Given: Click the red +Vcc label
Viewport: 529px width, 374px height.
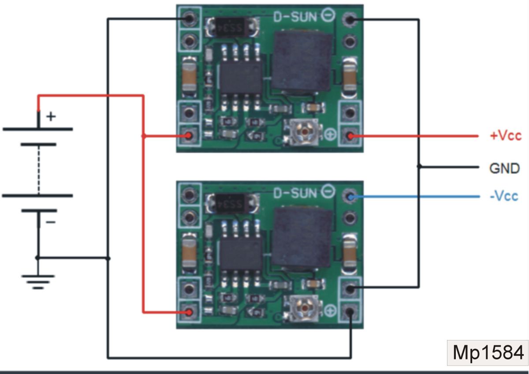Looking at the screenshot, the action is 506,136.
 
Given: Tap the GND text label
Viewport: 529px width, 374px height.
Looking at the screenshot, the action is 504,168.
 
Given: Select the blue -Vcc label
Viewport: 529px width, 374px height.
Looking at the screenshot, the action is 504,196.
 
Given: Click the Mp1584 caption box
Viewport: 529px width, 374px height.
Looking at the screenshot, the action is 488,353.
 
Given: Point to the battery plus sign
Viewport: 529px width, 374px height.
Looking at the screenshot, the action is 51,116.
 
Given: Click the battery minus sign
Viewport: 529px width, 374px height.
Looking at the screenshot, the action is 51,222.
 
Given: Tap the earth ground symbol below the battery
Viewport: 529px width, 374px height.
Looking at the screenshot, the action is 38,282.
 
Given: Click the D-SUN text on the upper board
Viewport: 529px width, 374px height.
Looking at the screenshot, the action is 295,17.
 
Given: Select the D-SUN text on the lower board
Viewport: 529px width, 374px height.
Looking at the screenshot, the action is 295,193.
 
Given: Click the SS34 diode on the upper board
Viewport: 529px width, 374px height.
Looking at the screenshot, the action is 232,28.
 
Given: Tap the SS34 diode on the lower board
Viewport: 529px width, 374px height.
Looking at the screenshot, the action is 232,204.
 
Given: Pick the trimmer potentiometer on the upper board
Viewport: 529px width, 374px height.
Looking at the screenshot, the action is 303,132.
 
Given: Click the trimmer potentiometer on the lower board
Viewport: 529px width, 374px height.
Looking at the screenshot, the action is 303,308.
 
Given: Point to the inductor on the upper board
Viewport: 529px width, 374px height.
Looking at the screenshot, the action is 303,63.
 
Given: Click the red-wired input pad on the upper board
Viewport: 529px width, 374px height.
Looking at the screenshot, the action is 189,135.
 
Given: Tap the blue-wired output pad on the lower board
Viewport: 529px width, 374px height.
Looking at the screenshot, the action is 350,196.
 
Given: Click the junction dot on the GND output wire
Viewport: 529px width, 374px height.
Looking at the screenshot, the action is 419,167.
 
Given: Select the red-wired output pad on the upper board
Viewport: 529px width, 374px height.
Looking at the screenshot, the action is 350,136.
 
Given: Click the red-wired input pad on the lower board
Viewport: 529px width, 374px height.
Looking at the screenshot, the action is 189,312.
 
